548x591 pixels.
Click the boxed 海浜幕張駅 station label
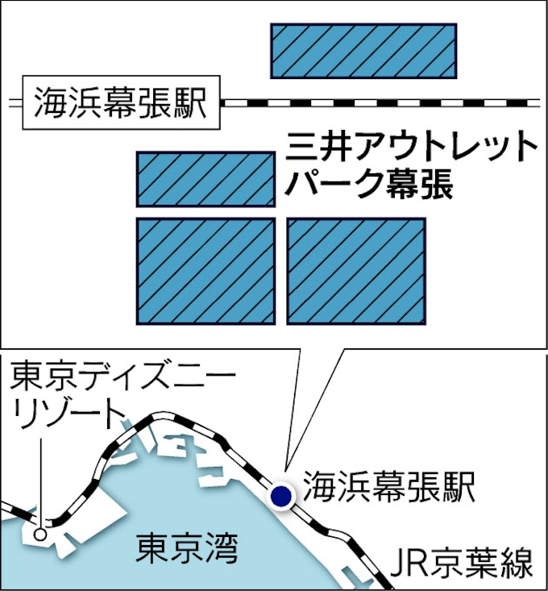pos(121,102)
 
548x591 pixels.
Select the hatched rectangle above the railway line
pos(363,51)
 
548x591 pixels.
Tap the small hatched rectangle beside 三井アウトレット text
pos(205,180)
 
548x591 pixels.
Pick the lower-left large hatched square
pos(205,271)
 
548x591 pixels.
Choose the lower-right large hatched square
pos(356,271)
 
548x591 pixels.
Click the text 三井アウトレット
pos(411,147)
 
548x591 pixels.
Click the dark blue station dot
pos(281,496)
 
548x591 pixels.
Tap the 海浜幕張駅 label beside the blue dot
pos(388,486)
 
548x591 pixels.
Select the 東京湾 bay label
pos(186,547)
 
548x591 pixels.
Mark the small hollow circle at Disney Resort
pos(40,534)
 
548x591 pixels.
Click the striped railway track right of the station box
pos(380,103)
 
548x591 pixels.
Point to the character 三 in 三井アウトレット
pos(301,147)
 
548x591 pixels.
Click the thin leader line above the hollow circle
pos(40,483)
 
